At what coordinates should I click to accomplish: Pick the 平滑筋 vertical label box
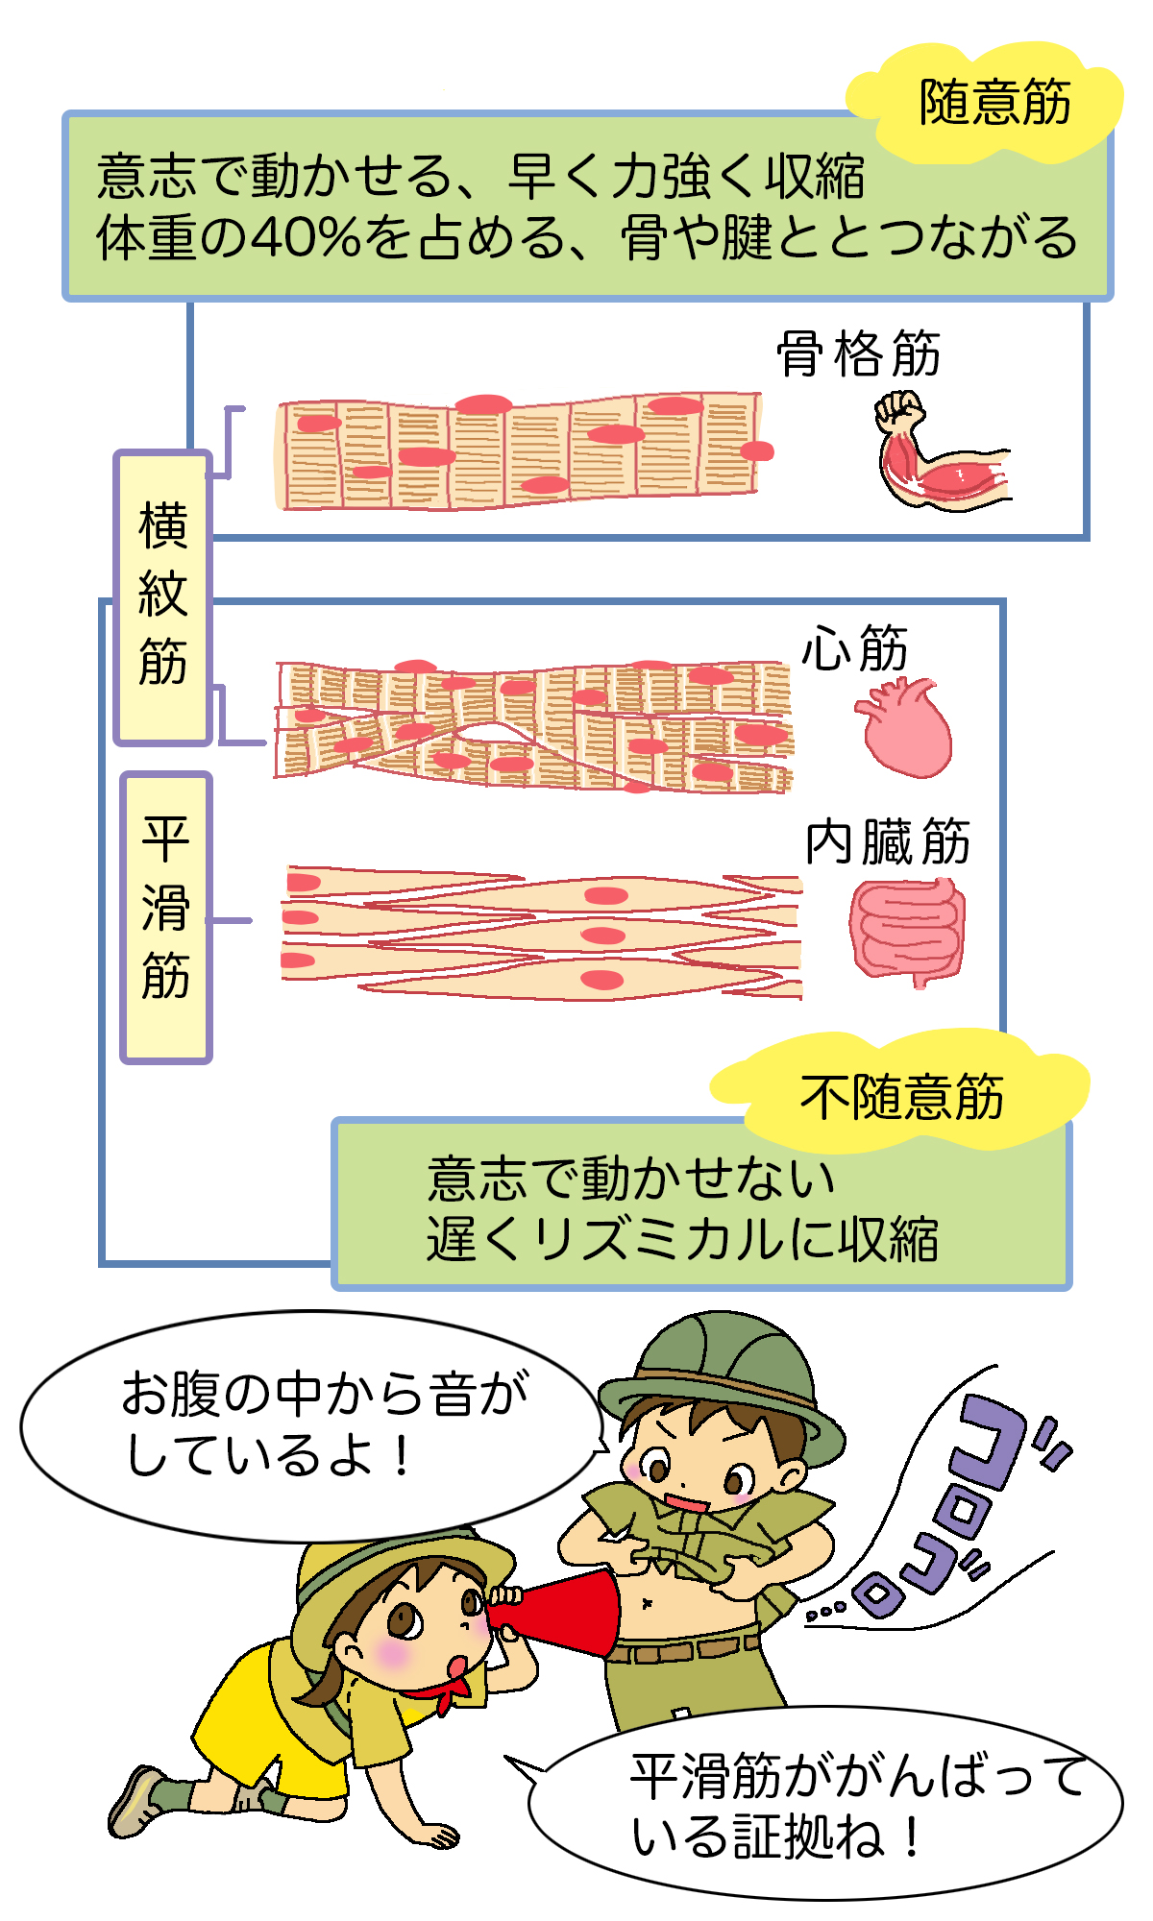click(165, 917)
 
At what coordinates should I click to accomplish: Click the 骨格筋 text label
click(858, 353)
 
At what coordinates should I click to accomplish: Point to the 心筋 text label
click(854, 648)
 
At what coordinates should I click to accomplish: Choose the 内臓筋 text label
click(887, 842)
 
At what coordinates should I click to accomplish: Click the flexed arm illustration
click(937, 451)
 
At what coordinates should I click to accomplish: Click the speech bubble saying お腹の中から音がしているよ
click(307, 1426)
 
